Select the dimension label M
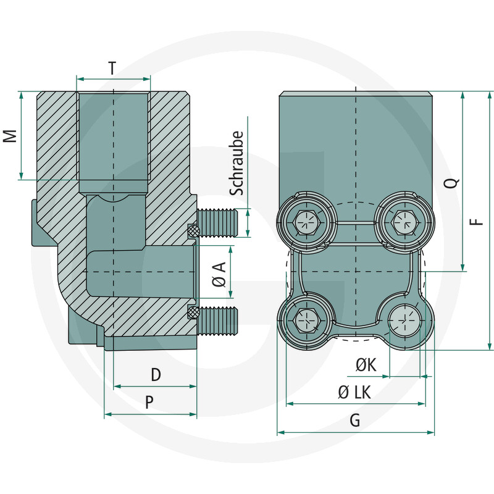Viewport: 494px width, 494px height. pos(10,136)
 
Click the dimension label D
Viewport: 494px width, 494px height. pos(156,374)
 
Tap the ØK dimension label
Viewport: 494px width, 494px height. pos(366,365)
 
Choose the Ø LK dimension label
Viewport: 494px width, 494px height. pos(355,392)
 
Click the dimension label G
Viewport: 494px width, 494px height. pos(355,421)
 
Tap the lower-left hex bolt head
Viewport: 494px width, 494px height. pos(307,319)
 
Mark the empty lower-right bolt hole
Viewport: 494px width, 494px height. pos(404,320)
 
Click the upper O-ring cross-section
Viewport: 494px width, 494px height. pos(193,232)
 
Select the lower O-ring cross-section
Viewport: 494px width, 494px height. pos(193,312)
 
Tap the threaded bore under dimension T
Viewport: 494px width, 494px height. pos(113,136)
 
